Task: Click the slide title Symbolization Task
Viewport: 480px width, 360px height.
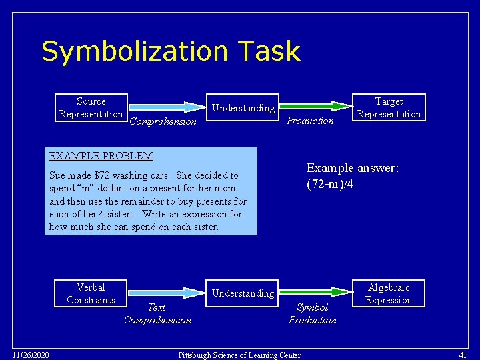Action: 171,51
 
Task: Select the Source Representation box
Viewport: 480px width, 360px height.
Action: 91,107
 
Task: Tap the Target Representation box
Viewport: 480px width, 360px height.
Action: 389,107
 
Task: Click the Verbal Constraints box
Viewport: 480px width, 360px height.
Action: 91,293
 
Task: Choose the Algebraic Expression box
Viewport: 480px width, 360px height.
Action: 389,293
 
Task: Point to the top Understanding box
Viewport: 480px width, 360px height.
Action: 243,108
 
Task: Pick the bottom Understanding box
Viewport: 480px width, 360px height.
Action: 243,293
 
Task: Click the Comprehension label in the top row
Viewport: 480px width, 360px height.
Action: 163,121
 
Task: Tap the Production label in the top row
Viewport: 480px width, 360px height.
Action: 310,121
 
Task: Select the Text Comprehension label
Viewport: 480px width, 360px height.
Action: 157,313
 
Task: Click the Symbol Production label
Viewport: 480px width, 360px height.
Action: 312,313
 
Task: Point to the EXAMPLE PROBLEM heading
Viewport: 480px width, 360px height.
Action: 101,156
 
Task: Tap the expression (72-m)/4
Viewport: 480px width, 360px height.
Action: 329,183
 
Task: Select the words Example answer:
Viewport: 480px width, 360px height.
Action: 353,168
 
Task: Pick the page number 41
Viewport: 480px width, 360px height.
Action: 463,354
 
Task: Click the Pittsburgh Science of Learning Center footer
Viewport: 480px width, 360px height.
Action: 239,355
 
